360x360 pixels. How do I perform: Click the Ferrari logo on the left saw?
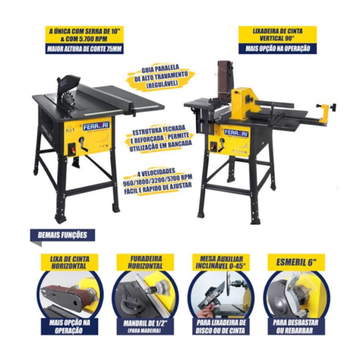point(96,126)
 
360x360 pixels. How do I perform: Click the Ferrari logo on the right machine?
point(236,133)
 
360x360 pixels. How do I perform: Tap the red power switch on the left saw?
point(73,148)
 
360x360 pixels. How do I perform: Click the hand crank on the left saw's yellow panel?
point(83,144)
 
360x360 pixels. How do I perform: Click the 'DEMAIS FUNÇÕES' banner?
point(63,235)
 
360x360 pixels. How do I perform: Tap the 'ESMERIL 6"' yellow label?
point(296,263)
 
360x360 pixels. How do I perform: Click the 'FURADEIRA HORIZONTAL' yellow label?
point(145,263)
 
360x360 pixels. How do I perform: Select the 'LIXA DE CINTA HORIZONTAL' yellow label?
point(70,263)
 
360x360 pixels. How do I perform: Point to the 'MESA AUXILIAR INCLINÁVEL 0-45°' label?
point(220,263)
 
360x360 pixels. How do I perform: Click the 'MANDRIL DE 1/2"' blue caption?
point(145,326)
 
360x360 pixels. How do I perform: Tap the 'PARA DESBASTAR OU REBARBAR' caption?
point(296,326)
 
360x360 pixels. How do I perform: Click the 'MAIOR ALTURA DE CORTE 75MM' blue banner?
point(84,49)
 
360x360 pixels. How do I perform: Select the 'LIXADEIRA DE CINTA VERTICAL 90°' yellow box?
point(277,35)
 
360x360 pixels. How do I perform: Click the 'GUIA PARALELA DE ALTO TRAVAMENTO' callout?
point(161,76)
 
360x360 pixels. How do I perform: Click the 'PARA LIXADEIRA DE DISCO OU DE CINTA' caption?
point(220,326)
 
